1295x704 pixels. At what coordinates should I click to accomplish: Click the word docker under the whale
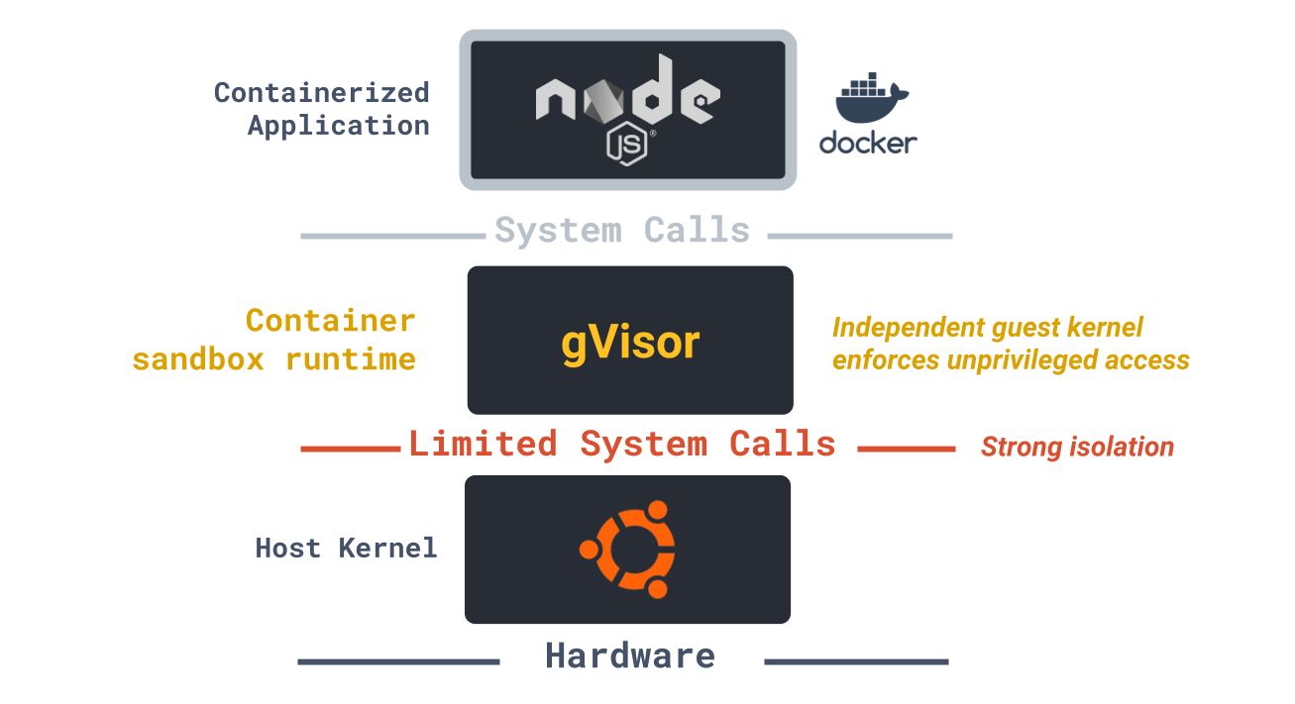point(868,143)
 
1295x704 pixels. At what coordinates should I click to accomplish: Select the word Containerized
point(322,93)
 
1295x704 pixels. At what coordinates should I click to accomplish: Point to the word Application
point(339,126)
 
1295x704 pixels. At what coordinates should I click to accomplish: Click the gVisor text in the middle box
point(630,343)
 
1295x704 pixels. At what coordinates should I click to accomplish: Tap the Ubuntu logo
point(628,549)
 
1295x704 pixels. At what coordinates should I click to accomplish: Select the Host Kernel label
point(346,548)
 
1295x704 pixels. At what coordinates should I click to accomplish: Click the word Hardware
point(630,655)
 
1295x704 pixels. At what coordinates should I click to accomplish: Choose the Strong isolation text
point(1077,448)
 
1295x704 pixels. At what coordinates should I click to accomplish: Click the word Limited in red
point(484,444)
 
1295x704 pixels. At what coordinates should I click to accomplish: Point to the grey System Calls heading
point(622,231)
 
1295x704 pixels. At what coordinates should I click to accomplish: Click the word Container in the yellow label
point(331,321)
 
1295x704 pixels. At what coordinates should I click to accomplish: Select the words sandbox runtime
point(273,358)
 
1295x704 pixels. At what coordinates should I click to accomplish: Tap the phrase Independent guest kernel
point(988,327)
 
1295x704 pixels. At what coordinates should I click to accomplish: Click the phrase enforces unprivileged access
point(1011,359)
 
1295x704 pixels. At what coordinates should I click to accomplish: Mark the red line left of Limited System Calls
point(351,450)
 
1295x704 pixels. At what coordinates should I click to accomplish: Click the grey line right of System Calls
point(859,236)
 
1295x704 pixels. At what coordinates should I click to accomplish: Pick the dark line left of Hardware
point(398,661)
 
